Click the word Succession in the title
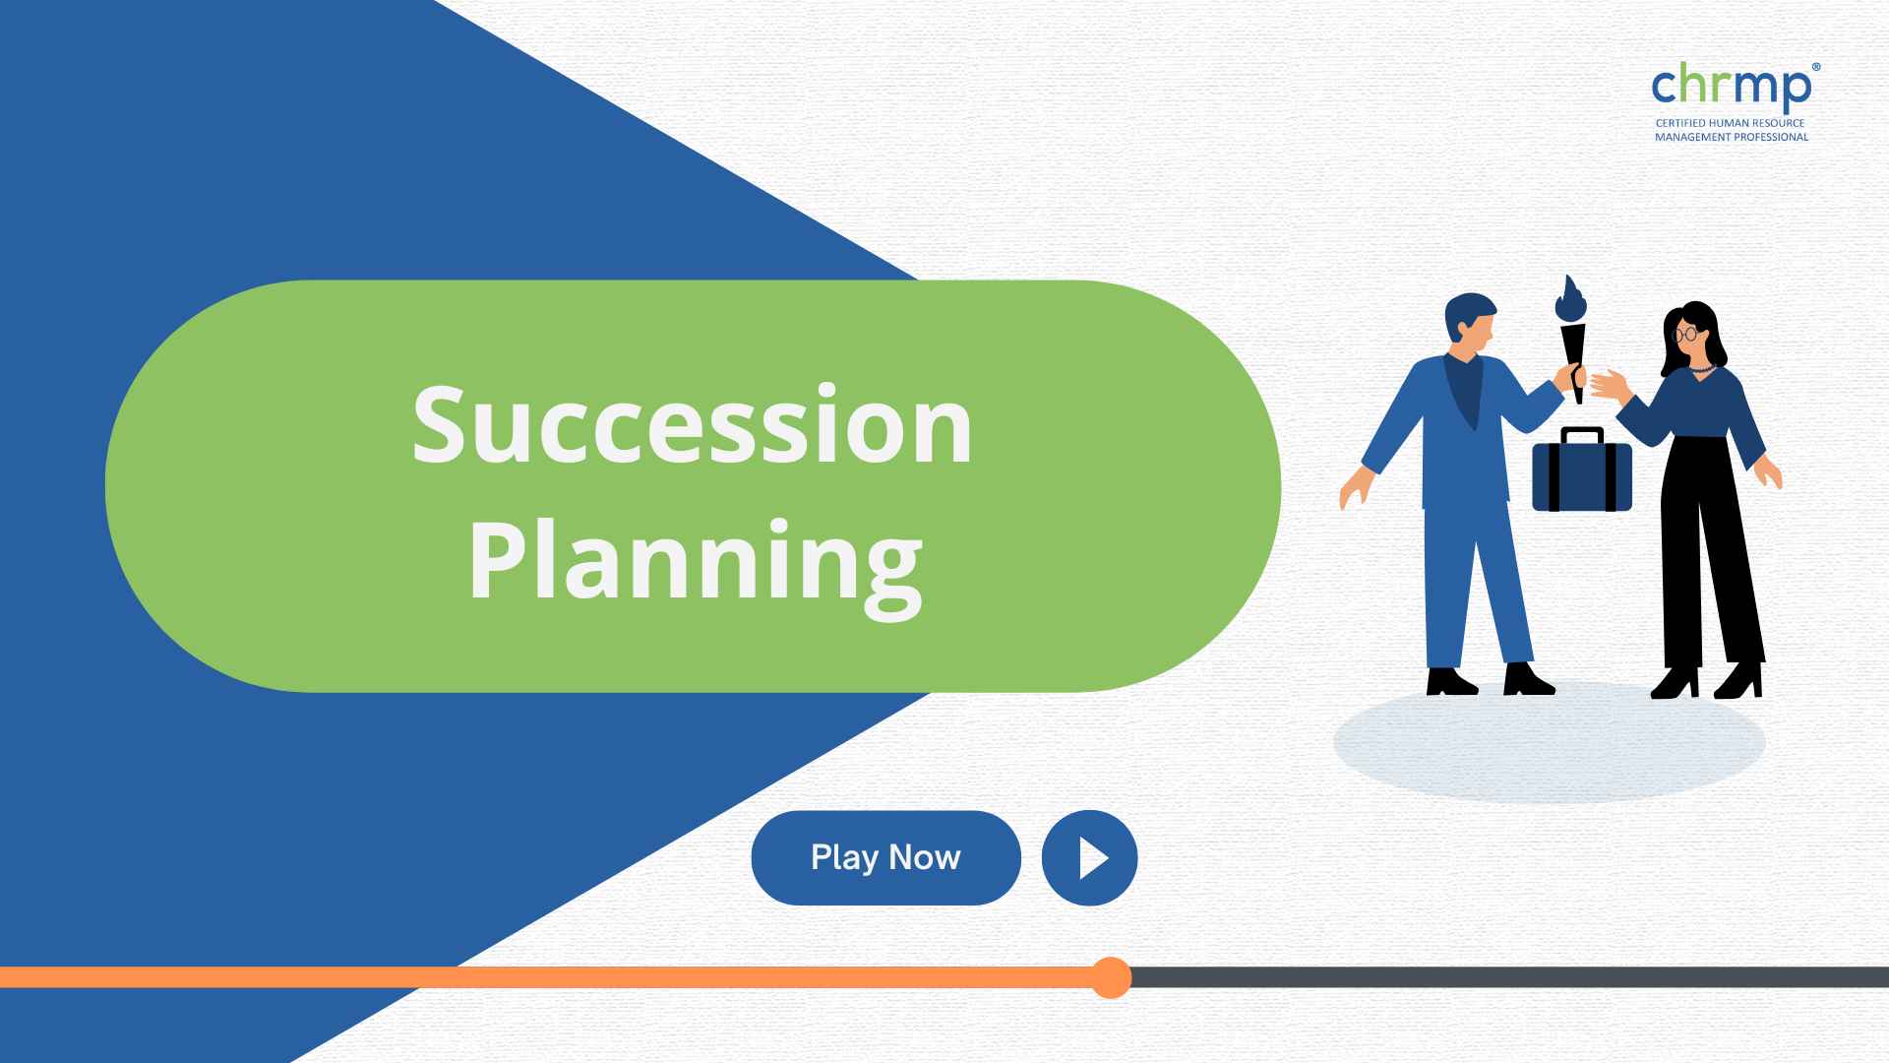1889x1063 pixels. [x=693, y=425]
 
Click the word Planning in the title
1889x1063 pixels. [x=695, y=561]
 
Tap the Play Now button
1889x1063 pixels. [x=885, y=857]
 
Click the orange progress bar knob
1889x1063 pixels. [x=1111, y=977]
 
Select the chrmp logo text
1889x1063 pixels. [x=1731, y=87]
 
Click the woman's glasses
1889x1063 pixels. [x=1685, y=334]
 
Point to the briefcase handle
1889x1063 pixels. [x=1582, y=435]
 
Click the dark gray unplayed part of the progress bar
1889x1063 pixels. [x=1510, y=977]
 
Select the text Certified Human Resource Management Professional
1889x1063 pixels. [x=1732, y=130]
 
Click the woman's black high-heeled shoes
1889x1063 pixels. [x=1707, y=681]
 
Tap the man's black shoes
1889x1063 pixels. [x=1490, y=679]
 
